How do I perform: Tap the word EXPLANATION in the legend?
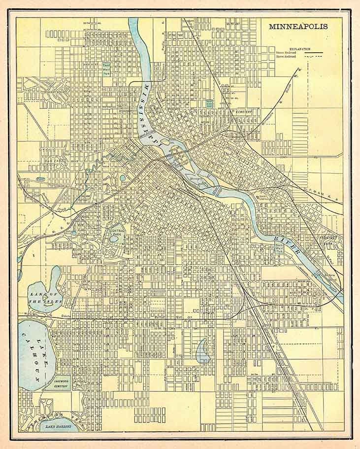point(299,49)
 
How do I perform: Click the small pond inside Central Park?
point(114,239)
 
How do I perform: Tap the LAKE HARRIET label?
point(58,424)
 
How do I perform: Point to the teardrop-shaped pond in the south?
point(203,350)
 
